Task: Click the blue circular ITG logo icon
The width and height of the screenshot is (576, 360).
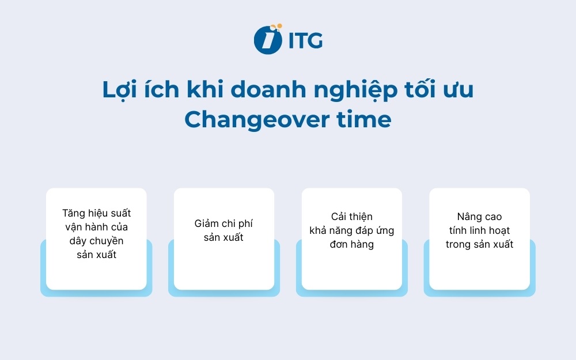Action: [x=267, y=40]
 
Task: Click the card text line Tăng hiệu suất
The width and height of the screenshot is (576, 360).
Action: [x=96, y=213]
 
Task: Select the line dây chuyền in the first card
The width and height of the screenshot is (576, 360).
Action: [x=96, y=241]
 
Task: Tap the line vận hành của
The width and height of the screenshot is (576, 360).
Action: [x=96, y=227]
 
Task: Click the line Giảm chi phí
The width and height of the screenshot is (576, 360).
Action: [x=223, y=223]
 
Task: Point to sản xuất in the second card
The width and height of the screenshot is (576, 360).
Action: [x=223, y=237]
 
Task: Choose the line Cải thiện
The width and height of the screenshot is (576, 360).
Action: [x=351, y=217]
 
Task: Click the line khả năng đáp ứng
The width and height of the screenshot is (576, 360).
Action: [x=351, y=230]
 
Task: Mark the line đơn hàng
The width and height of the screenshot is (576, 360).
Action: [x=351, y=244]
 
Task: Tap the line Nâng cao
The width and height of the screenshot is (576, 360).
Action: [x=479, y=217]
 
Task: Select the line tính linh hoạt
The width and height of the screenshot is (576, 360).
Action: [x=479, y=230]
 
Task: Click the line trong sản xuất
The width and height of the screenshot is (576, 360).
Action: [x=479, y=244]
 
